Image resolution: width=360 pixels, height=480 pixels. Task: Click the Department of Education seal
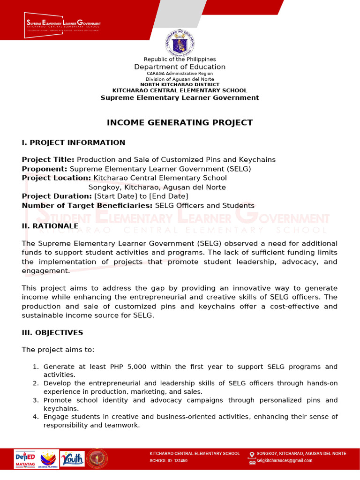(180, 43)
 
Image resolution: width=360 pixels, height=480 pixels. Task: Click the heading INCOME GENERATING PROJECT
(180, 123)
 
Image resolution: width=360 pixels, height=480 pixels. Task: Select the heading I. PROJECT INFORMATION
(74, 142)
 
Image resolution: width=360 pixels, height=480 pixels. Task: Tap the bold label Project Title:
(48, 160)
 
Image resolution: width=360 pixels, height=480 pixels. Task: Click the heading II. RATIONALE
(50, 226)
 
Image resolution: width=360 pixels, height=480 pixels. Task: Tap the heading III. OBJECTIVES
(52, 333)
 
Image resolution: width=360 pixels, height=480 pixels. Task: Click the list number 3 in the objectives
(36, 400)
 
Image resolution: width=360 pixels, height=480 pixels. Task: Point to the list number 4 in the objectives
(36, 417)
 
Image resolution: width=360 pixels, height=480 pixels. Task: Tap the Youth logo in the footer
(73, 459)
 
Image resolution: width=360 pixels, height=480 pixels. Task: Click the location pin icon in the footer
(252, 454)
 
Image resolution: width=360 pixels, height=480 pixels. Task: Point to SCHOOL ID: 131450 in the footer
(168, 461)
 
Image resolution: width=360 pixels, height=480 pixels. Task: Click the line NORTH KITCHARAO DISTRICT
(180, 85)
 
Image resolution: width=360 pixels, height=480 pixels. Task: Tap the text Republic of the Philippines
(180, 60)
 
